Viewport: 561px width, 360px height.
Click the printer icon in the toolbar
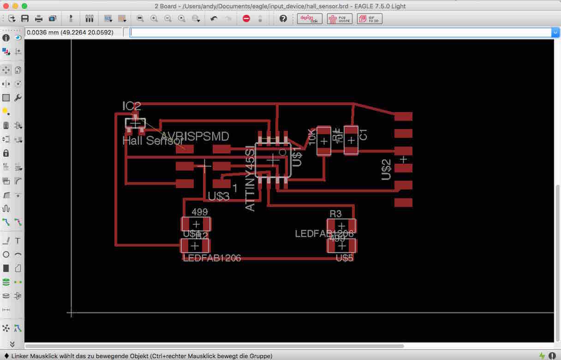pos(39,19)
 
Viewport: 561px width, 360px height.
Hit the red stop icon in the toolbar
pos(246,19)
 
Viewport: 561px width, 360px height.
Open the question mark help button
pos(283,19)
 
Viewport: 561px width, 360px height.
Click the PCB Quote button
pos(339,19)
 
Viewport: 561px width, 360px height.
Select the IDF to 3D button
pos(369,19)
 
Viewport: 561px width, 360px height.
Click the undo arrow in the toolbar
pos(214,19)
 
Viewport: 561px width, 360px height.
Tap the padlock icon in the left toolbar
pos(6,153)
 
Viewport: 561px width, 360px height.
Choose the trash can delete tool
pos(6,125)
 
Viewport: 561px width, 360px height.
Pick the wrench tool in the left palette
pos(18,98)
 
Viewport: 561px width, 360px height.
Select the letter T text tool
pos(18,241)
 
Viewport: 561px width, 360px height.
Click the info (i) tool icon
pos(6,38)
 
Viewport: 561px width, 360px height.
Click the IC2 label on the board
pos(131,106)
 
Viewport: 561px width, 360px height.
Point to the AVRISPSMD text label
pos(195,136)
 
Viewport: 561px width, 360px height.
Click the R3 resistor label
pos(335,213)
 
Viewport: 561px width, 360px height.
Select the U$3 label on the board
pos(219,196)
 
